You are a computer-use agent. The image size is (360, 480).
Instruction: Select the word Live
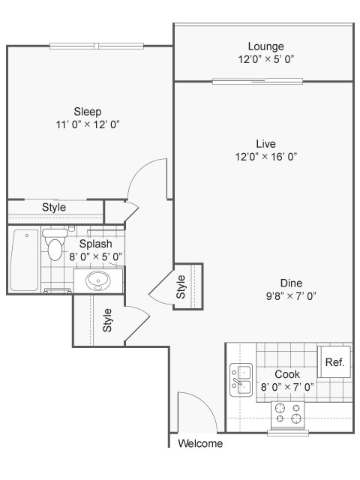(x=265, y=143)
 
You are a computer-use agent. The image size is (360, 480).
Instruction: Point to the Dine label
(x=291, y=283)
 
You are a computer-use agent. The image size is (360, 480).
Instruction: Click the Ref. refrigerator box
(x=334, y=363)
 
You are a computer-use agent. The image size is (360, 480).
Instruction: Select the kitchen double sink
(x=240, y=379)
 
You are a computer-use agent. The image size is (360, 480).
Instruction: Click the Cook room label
(x=287, y=374)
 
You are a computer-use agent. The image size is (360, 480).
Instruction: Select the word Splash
(x=96, y=244)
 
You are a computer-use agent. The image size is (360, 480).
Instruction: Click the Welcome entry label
(x=200, y=443)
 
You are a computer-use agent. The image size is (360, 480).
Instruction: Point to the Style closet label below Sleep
(x=53, y=208)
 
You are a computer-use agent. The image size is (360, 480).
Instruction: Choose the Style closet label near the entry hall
(x=108, y=320)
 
